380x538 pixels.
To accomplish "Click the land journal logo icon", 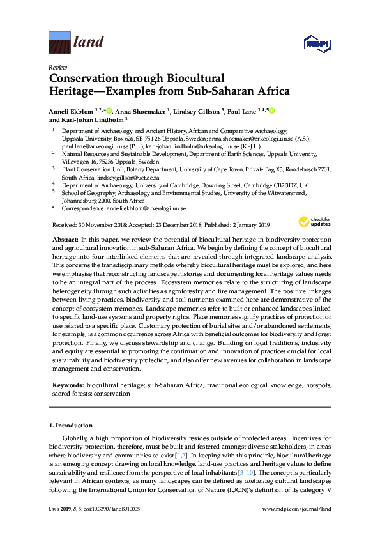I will (x=59, y=42).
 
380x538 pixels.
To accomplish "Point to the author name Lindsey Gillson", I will (x=197, y=111).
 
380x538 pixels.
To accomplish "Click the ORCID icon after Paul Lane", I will (x=272, y=111).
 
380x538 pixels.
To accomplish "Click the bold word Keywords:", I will (x=67, y=387).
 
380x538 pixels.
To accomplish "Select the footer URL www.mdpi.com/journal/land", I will (x=297, y=508).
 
